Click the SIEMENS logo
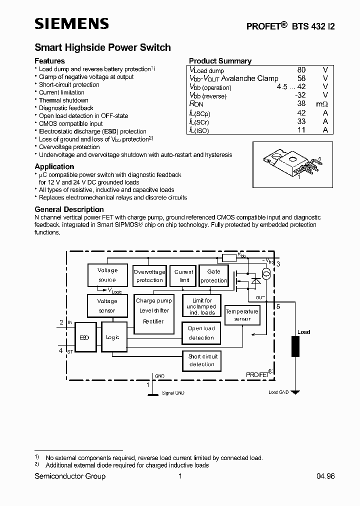pyautogui.click(x=71, y=23)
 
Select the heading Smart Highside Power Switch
pyautogui.click(x=102, y=47)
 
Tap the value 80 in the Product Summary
pyautogui.click(x=301, y=70)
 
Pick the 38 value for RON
pyautogui.click(x=301, y=104)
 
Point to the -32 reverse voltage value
pyautogui.click(x=299, y=95)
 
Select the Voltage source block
pyautogui.click(x=107, y=275)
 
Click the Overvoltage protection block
pyautogui.click(x=149, y=276)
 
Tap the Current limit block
pyautogui.click(x=184, y=276)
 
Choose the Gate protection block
pyautogui.click(x=213, y=276)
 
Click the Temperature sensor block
pyautogui.click(x=242, y=315)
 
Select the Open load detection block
pyautogui.click(x=201, y=333)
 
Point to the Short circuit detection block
pyautogui.click(x=202, y=360)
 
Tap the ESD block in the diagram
pyautogui.click(x=84, y=337)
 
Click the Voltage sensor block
pyautogui.click(x=107, y=305)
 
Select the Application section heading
pyautogui.click(x=54, y=166)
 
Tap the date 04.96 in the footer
pyautogui.click(x=325, y=476)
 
